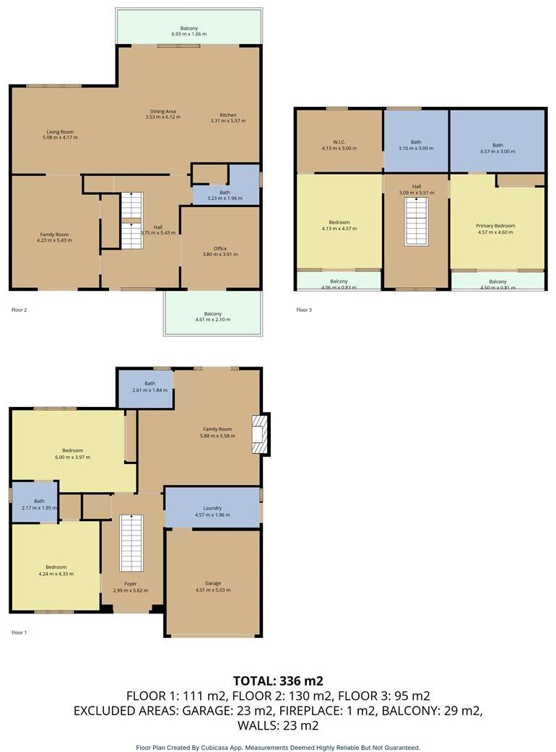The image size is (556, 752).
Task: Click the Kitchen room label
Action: click(x=228, y=115)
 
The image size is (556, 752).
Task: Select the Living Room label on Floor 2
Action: click(x=61, y=132)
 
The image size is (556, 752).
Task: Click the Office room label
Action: click(x=220, y=248)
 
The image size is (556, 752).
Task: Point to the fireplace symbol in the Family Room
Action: click(x=259, y=434)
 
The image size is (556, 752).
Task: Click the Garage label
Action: click(x=212, y=583)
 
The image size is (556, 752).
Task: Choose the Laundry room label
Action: click(x=212, y=507)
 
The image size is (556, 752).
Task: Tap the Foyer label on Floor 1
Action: click(x=130, y=583)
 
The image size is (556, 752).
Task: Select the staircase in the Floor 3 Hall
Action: click(x=415, y=221)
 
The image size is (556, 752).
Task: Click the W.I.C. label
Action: click(x=339, y=141)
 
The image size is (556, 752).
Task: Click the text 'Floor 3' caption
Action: click(x=304, y=310)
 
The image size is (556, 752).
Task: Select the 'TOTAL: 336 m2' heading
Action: click(x=278, y=681)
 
